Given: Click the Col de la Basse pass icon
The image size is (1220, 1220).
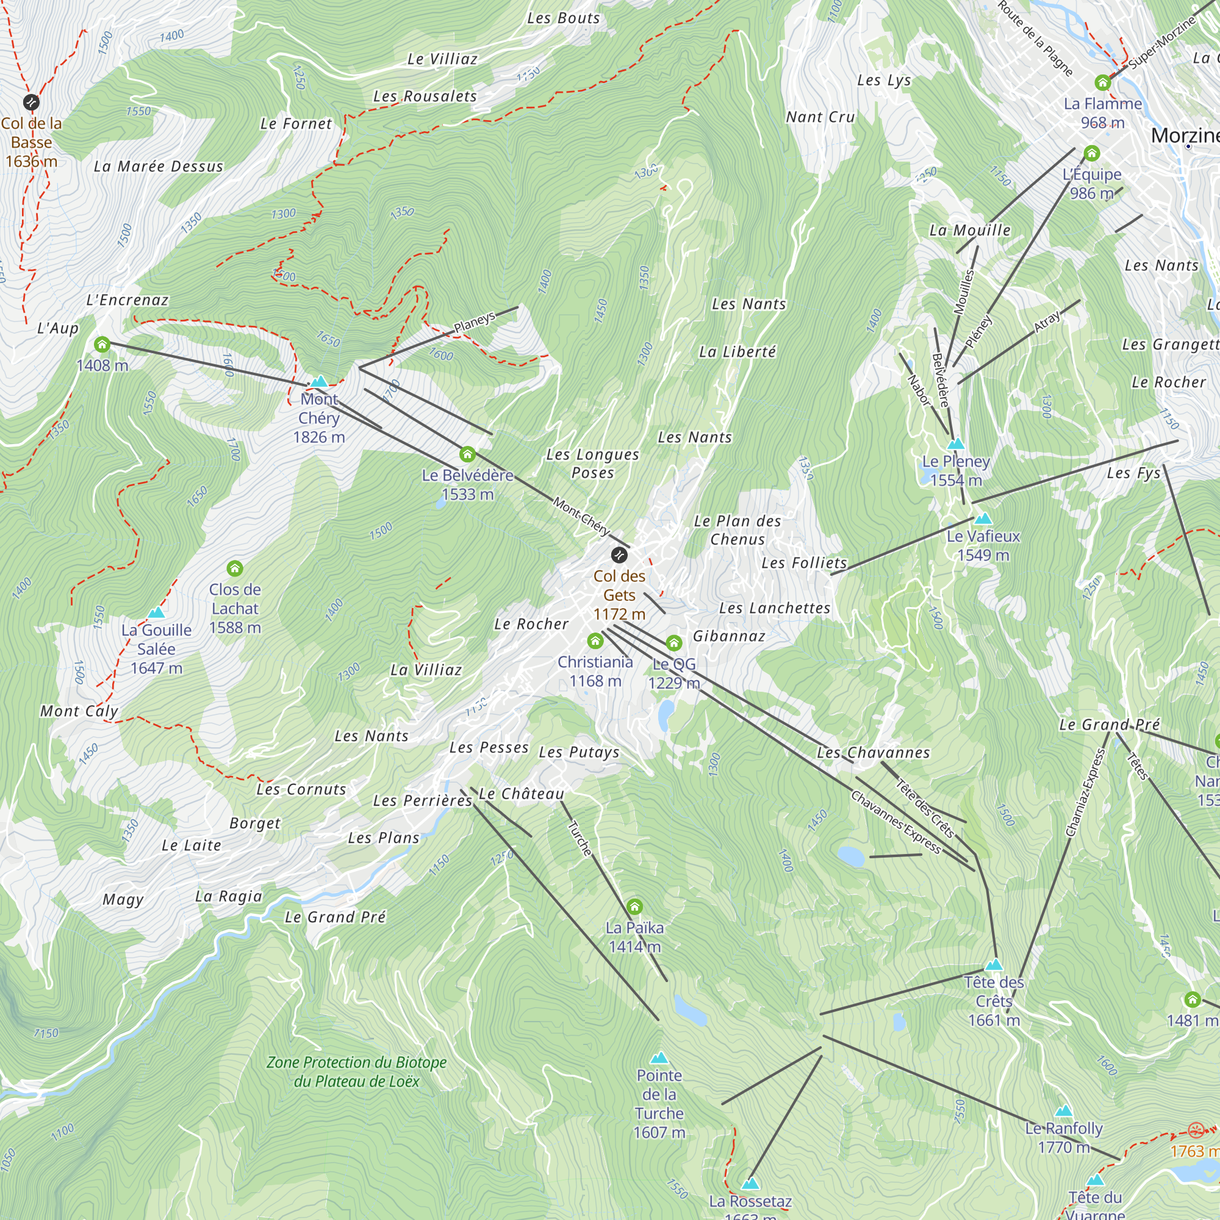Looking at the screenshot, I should pos(31,102).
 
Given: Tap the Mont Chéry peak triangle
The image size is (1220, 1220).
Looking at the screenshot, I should pos(320,381).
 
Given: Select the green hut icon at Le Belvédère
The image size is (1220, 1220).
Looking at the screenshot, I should pos(467,454).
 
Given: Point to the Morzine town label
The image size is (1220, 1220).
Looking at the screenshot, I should pos(1184,135).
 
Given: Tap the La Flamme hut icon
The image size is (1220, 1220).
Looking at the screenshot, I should pos(1102,83).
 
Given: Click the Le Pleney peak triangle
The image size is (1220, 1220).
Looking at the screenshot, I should pos(956,443).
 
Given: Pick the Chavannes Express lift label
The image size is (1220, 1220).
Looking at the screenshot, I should pos(896,822).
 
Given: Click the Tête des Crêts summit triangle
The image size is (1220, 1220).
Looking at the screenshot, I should pos(994,964).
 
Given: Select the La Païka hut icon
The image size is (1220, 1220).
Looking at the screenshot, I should pos(634,907).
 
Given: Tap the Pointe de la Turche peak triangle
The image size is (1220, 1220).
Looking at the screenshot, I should pos(659,1057).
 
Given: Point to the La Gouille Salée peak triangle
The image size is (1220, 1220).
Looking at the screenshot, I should pos(156,612).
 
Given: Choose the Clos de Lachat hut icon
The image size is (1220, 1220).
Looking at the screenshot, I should pos(235,569).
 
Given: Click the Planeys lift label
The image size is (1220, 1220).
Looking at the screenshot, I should pos(474,322).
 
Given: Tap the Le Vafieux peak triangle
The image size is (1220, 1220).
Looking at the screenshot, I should pos(983,519).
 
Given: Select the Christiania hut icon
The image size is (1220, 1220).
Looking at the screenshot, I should pos(595,642).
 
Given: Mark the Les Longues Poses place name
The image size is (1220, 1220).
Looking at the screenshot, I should pos(592,464).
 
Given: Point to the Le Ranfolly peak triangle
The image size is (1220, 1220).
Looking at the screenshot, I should pos(1064,1111).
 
